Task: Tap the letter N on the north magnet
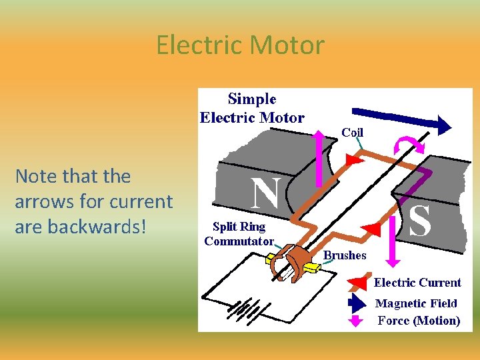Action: tap(265, 193)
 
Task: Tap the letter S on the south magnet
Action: tap(419, 222)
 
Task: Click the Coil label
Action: tap(352, 132)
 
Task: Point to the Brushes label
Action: tap(345, 255)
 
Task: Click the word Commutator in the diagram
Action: tap(239, 241)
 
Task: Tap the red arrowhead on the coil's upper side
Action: tap(355, 159)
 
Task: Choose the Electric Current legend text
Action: tap(417, 283)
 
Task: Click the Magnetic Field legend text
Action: tap(417, 303)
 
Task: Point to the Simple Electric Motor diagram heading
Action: tap(252, 109)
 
